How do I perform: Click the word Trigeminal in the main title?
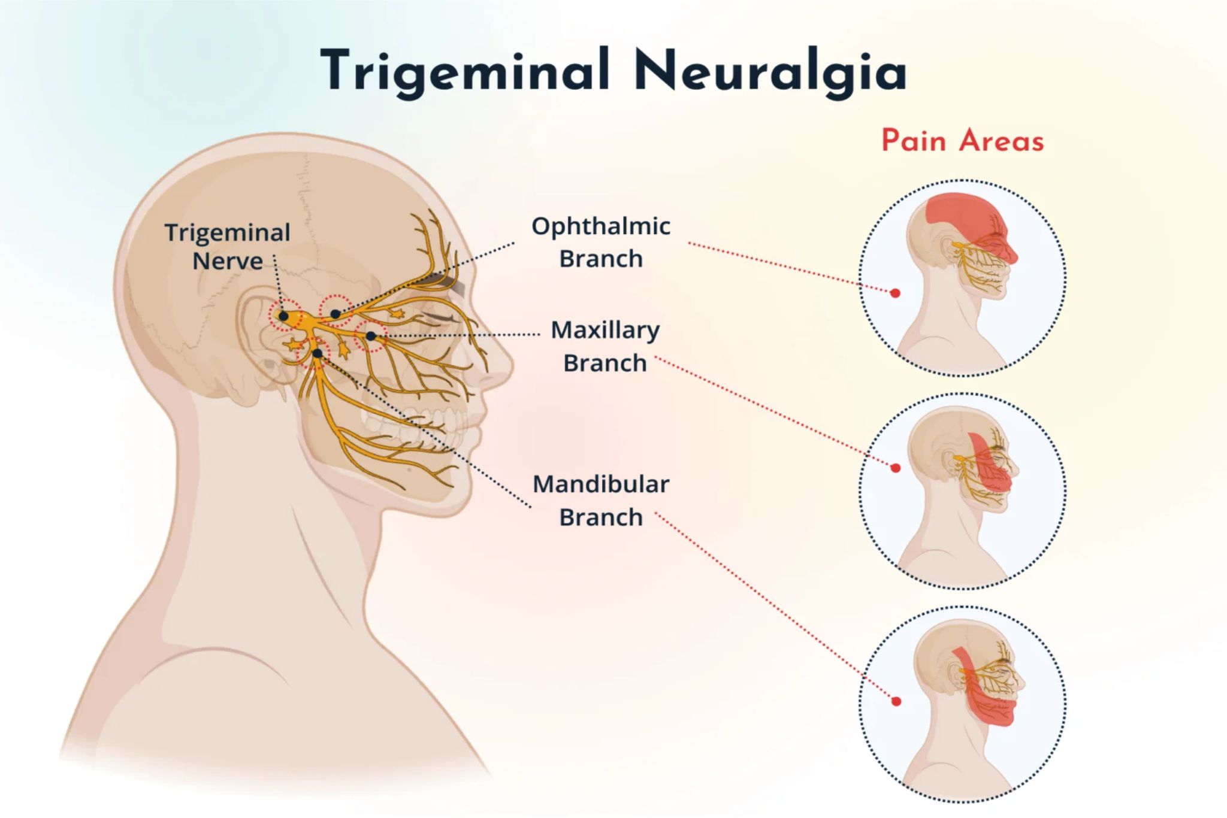pos(465,71)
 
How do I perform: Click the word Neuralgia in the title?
pos(770,71)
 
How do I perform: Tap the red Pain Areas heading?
pos(962,141)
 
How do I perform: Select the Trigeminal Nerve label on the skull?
pos(228,246)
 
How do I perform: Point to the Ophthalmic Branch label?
pos(601,242)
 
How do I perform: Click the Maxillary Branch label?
pos(605,346)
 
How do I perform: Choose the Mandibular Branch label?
pos(601,500)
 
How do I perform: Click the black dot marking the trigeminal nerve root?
pos(284,316)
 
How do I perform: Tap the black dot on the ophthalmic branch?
pos(336,314)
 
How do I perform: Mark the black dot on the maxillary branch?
pos(371,336)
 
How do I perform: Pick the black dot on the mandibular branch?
pos(318,353)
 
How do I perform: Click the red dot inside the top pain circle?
pos(895,293)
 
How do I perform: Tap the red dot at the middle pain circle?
pos(896,468)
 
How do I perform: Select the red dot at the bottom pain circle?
pos(896,701)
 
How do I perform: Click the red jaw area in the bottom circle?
pos(989,707)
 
